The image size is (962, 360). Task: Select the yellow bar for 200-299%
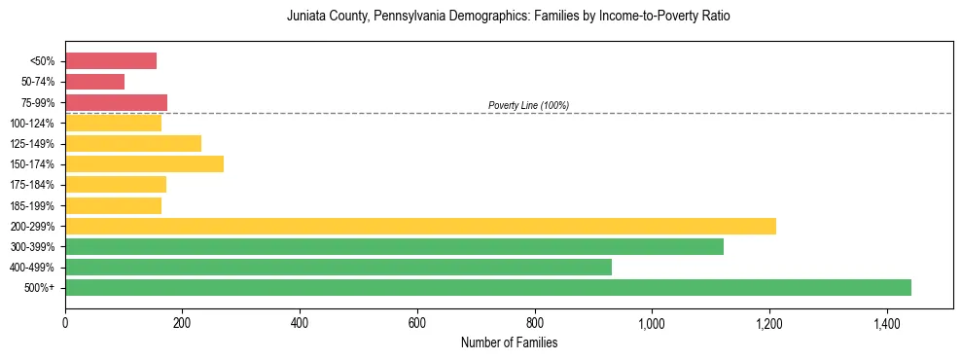pos(420,226)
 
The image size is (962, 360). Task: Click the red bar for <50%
pos(111,61)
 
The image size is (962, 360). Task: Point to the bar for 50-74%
pos(94,82)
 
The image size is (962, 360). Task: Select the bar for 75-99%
pos(116,102)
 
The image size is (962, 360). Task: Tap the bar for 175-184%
pos(116,184)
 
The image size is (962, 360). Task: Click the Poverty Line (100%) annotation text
pos(528,105)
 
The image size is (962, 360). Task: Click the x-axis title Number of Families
pos(509,342)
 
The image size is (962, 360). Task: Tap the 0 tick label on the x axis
pos(65,322)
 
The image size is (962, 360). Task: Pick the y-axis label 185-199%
pos(32,205)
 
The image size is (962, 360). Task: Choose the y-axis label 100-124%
pos(32,124)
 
